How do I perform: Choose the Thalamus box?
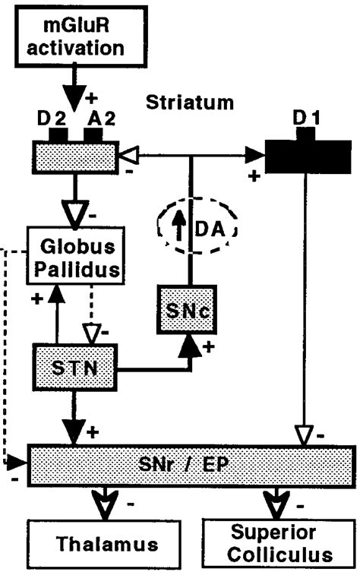(x=103, y=543)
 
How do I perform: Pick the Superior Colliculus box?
(x=277, y=543)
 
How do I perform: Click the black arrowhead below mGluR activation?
(x=73, y=91)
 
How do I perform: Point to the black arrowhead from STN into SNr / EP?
(x=73, y=432)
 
